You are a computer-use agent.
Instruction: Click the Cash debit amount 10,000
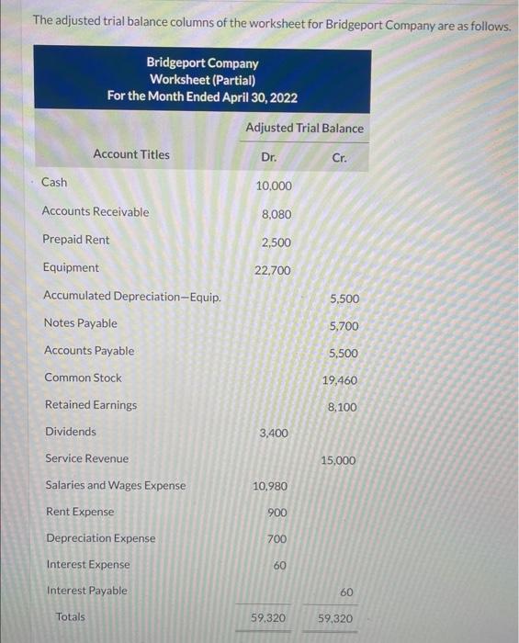click(x=274, y=186)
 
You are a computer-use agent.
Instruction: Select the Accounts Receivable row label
click(x=95, y=211)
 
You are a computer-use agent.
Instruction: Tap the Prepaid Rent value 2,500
click(x=276, y=242)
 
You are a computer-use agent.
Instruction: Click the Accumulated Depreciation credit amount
click(x=344, y=299)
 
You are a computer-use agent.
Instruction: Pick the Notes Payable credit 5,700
click(x=344, y=326)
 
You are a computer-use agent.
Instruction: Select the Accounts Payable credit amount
click(x=344, y=354)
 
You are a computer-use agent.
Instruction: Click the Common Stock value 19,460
click(x=340, y=380)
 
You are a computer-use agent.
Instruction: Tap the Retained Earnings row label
click(x=90, y=405)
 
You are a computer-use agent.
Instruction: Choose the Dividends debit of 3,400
click(x=275, y=433)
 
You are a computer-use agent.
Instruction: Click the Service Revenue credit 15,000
click(x=339, y=460)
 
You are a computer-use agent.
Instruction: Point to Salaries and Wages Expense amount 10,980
click(x=271, y=486)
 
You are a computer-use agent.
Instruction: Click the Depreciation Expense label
click(x=100, y=538)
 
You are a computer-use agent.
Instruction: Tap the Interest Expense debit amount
click(x=279, y=565)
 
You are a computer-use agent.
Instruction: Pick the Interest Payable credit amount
click(x=346, y=593)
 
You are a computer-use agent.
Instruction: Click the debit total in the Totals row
click(x=268, y=619)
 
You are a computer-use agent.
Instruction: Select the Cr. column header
click(x=339, y=157)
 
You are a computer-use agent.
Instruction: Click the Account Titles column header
click(x=131, y=154)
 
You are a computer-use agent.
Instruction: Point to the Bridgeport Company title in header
click(x=202, y=63)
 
